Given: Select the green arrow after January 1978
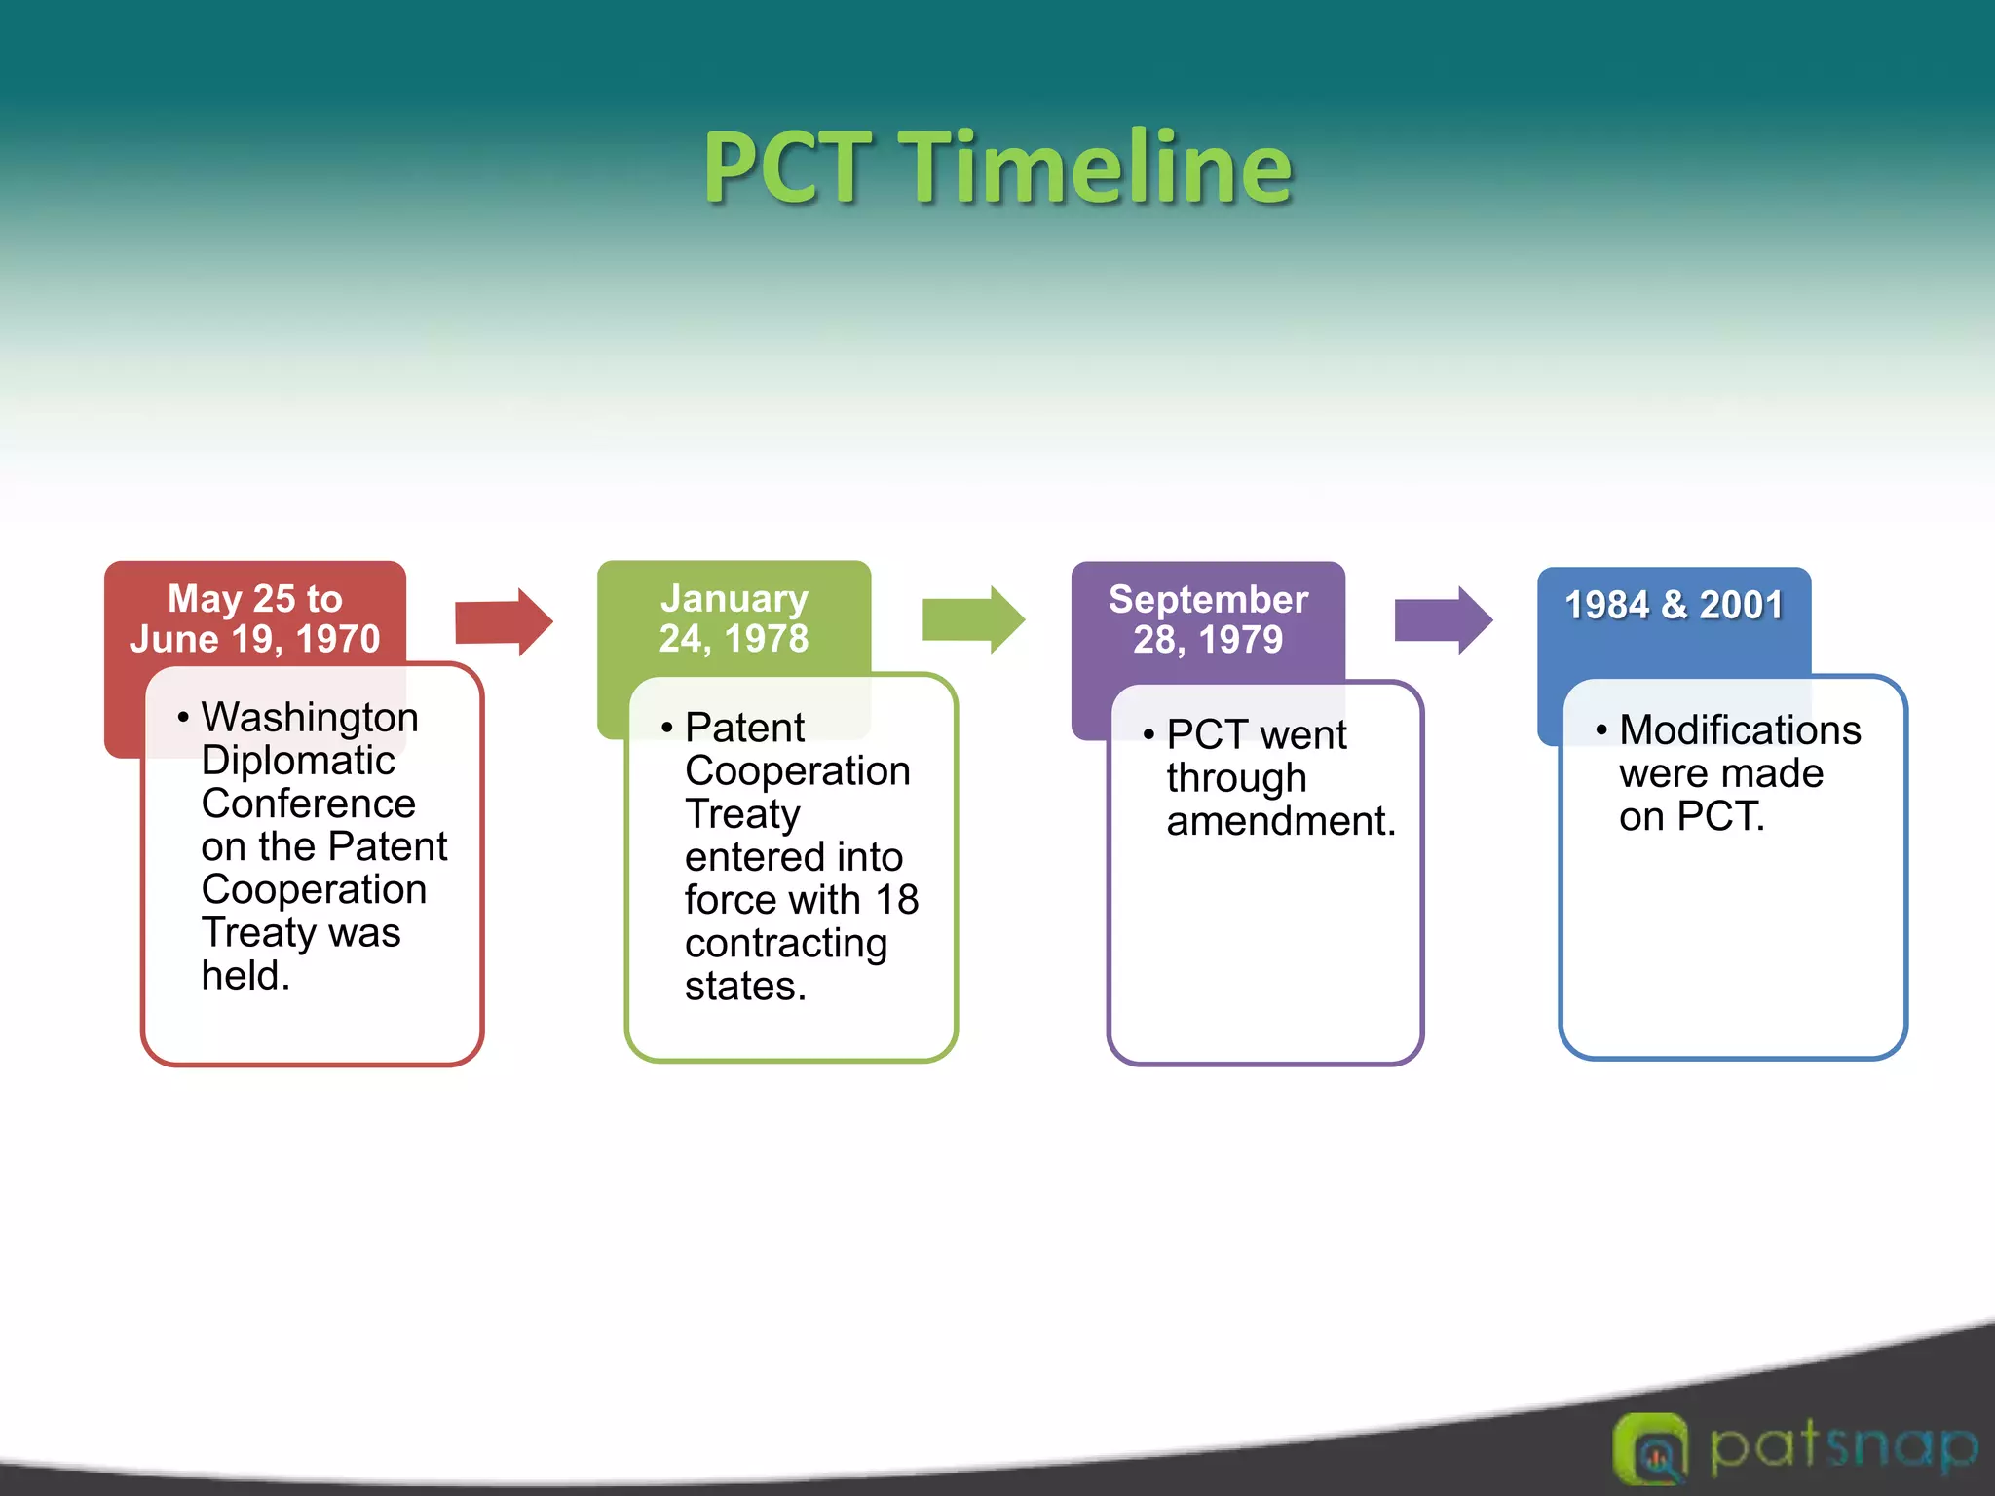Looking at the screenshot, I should pos(973,619).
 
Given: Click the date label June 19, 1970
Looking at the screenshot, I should pos(255,640).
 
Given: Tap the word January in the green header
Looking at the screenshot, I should pos(734,598).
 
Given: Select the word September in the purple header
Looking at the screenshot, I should pos(1208,599).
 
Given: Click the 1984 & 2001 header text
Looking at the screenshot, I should pos(1674,605).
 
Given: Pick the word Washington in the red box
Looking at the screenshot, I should pos(310,718).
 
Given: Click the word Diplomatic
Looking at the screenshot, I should pos(298,761).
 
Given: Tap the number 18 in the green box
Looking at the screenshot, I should pos(896,900).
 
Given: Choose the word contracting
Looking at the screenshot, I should pos(786,944).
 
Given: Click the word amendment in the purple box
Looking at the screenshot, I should pos(1279,821).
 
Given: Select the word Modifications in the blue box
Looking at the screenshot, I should pos(1740,730).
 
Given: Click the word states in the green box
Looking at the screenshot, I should pos(743,987).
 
